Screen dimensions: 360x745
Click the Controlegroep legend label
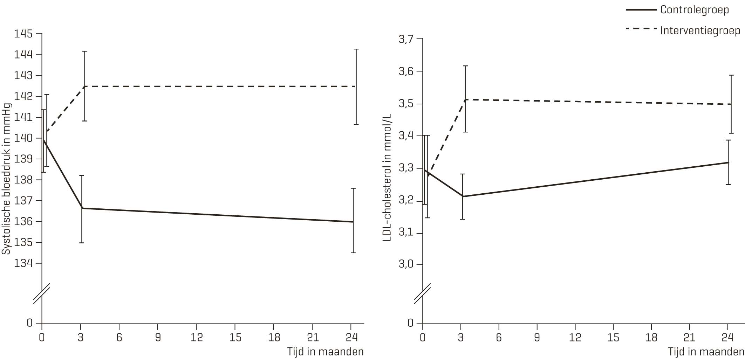pos(694,10)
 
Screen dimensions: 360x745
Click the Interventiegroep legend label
pos(700,30)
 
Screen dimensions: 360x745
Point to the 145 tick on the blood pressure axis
pos(23,34)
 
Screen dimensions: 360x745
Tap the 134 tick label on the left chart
pos(23,263)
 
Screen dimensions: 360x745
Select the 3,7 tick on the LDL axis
pos(406,39)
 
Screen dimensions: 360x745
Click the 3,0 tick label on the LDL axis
pos(406,264)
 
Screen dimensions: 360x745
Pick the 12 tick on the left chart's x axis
pos(197,337)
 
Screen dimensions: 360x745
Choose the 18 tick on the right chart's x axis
pos(651,337)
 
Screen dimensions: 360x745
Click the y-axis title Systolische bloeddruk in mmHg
pos(6,179)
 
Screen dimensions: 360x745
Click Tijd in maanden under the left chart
pos(325,352)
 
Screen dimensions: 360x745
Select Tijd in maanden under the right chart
pos(706,352)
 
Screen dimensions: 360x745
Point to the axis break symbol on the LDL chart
pos(422,295)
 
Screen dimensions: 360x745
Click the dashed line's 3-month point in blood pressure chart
pos(84,86)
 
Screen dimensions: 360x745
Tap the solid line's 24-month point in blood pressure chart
pos(353,222)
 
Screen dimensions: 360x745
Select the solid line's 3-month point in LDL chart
pos(463,196)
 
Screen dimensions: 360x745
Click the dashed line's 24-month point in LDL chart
pos(731,104)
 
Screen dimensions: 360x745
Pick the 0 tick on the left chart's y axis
pos(30,323)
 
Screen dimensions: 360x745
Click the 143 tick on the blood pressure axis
pos(23,76)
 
